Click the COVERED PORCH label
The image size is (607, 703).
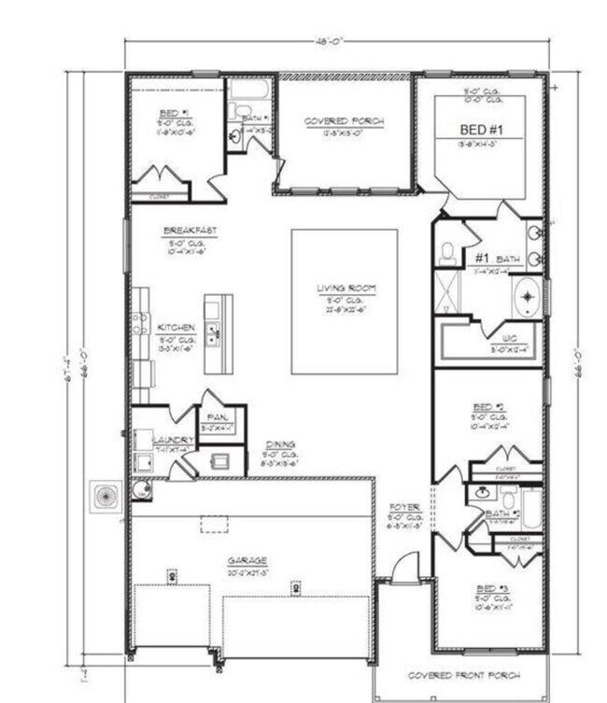coord(345,121)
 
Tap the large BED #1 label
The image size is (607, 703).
coord(479,129)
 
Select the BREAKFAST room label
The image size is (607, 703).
coord(184,230)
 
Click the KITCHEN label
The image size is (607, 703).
coord(176,328)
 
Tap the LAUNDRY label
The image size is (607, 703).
coord(174,439)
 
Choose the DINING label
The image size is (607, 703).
coord(280,444)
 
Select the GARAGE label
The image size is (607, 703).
coord(247,561)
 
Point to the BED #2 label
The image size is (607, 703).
coord(488,406)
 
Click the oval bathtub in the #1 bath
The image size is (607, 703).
coord(528,298)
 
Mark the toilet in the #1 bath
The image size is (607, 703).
coord(448,251)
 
